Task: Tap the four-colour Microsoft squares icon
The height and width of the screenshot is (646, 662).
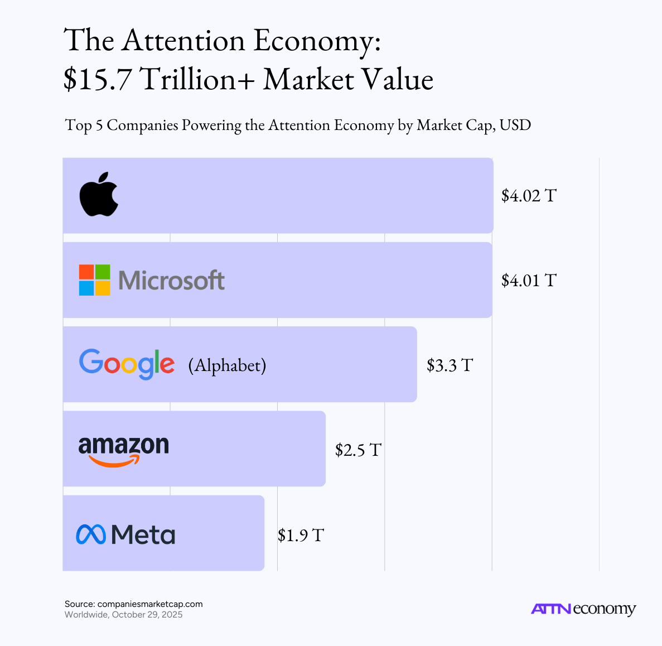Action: coord(95,280)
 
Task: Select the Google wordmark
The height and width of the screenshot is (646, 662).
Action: coord(127,364)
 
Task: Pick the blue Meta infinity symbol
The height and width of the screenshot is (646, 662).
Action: coord(91,534)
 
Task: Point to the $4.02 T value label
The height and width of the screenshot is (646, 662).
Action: coord(529,195)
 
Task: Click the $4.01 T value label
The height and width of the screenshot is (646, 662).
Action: coord(529,281)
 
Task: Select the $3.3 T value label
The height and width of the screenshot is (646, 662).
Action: coord(450,365)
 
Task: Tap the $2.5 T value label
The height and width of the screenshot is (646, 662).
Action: coord(358,450)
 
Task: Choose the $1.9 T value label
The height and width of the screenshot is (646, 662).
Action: coord(301,536)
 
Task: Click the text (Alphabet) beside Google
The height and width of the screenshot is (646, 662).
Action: coord(227,365)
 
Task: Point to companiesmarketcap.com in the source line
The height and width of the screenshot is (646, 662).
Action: coord(150,604)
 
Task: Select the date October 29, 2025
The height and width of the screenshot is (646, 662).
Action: coord(147,614)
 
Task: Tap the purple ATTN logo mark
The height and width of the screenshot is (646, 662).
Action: coord(551,609)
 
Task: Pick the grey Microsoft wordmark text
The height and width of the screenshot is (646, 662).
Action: coord(171,281)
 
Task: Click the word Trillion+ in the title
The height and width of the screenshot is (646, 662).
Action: coord(197,79)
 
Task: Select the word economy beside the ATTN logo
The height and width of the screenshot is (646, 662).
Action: coord(605,609)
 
